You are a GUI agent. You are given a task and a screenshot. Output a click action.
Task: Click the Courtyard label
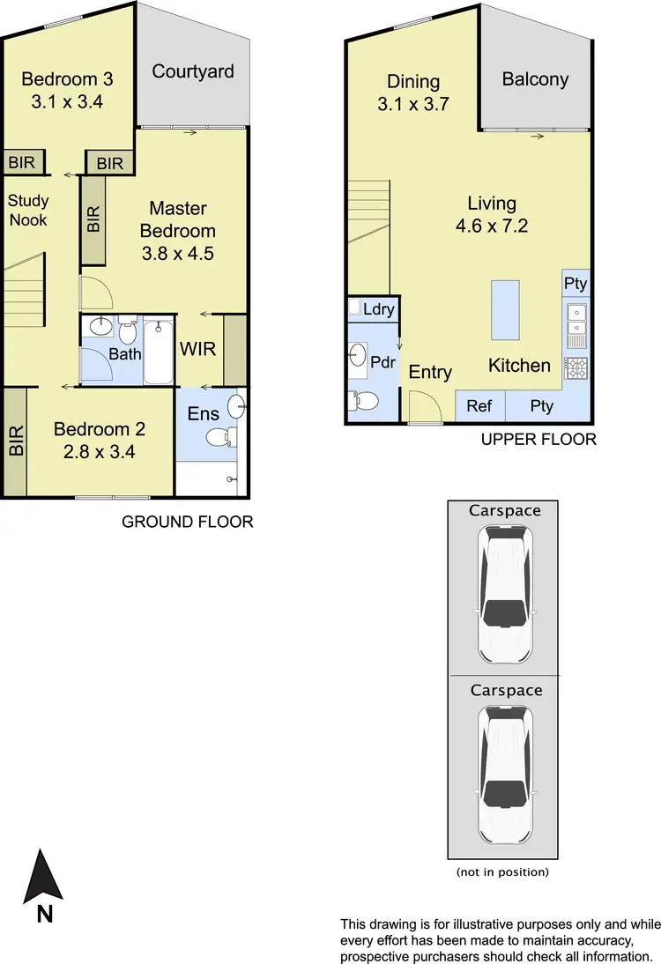coord(193,71)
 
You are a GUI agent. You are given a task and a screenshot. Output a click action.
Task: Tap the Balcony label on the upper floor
coord(535,79)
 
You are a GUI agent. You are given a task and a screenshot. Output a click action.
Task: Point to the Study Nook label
coord(28,210)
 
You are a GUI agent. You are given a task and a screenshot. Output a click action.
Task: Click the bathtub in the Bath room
coord(159,352)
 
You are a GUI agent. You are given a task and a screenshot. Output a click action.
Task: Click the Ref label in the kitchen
coord(479,406)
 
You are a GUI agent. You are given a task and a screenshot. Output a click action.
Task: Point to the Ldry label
coord(377,309)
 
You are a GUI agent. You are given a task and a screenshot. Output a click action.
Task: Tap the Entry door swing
coord(423,407)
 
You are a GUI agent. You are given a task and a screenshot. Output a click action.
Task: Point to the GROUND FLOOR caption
coord(187,522)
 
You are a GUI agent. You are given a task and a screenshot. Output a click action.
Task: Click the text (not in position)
coord(501,872)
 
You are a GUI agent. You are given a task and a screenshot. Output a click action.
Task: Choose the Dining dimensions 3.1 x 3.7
coord(413,104)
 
